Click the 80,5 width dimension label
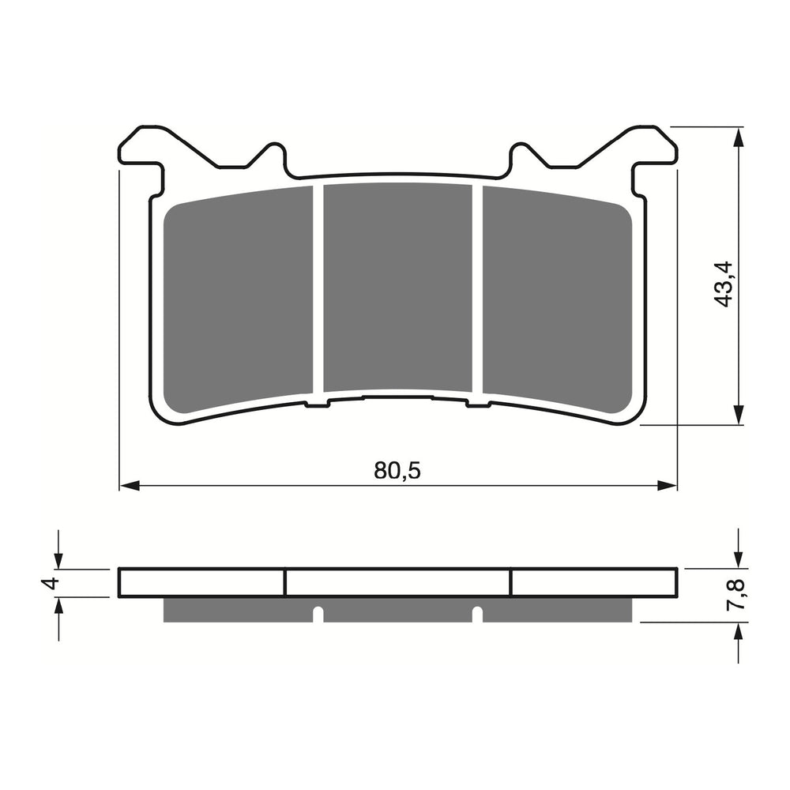398,471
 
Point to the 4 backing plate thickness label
51,583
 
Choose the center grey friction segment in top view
398,288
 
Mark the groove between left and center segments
318,288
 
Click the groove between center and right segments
478,288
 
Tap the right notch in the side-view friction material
476,612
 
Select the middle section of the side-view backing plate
398,583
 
